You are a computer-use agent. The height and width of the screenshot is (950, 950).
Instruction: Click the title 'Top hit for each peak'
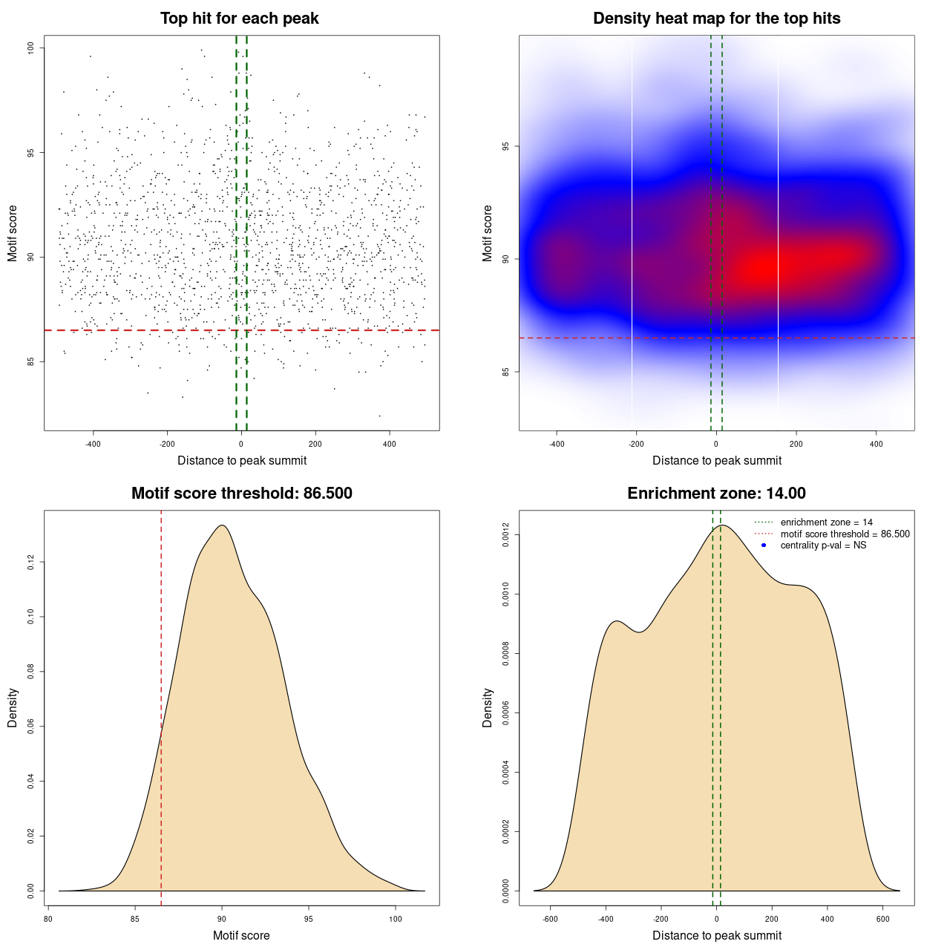click(x=239, y=19)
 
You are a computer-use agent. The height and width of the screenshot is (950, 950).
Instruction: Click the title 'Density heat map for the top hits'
click(x=716, y=19)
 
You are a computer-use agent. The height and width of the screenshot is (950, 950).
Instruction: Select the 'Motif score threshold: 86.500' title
click(x=241, y=494)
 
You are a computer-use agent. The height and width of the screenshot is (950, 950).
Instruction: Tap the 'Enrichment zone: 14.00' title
click(x=716, y=494)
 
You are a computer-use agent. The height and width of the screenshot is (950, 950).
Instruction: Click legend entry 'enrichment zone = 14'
click(x=826, y=522)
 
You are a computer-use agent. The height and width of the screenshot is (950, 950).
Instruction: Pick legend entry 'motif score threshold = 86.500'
click(x=845, y=534)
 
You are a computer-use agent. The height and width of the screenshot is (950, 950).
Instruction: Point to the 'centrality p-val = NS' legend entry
click(x=823, y=546)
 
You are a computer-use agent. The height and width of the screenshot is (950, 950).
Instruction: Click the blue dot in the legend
click(x=764, y=546)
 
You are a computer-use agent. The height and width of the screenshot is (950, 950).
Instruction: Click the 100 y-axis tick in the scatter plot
click(x=30, y=48)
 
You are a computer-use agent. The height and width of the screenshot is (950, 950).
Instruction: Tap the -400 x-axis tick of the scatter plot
click(x=93, y=444)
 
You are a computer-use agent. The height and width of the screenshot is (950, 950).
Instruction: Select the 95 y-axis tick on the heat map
click(x=505, y=146)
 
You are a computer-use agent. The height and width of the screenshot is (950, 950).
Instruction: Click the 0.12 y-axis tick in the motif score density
click(x=30, y=563)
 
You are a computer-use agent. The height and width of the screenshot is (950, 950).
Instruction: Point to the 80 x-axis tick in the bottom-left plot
click(x=48, y=919)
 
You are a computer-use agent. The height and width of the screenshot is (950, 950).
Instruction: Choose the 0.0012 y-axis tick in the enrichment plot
click(x=505, y=535)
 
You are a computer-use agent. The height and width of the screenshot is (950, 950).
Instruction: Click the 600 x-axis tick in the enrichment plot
click(x=883, y=919)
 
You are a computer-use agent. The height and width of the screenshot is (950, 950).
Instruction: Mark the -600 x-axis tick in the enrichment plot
click(x=550, y=919)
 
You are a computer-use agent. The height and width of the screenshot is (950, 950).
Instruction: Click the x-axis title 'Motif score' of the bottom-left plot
click(x=241, y=936)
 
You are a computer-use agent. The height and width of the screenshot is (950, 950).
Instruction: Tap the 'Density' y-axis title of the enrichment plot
click(x=488, y=707)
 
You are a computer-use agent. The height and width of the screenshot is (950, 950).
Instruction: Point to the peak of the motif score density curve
click(x=221, y=525)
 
